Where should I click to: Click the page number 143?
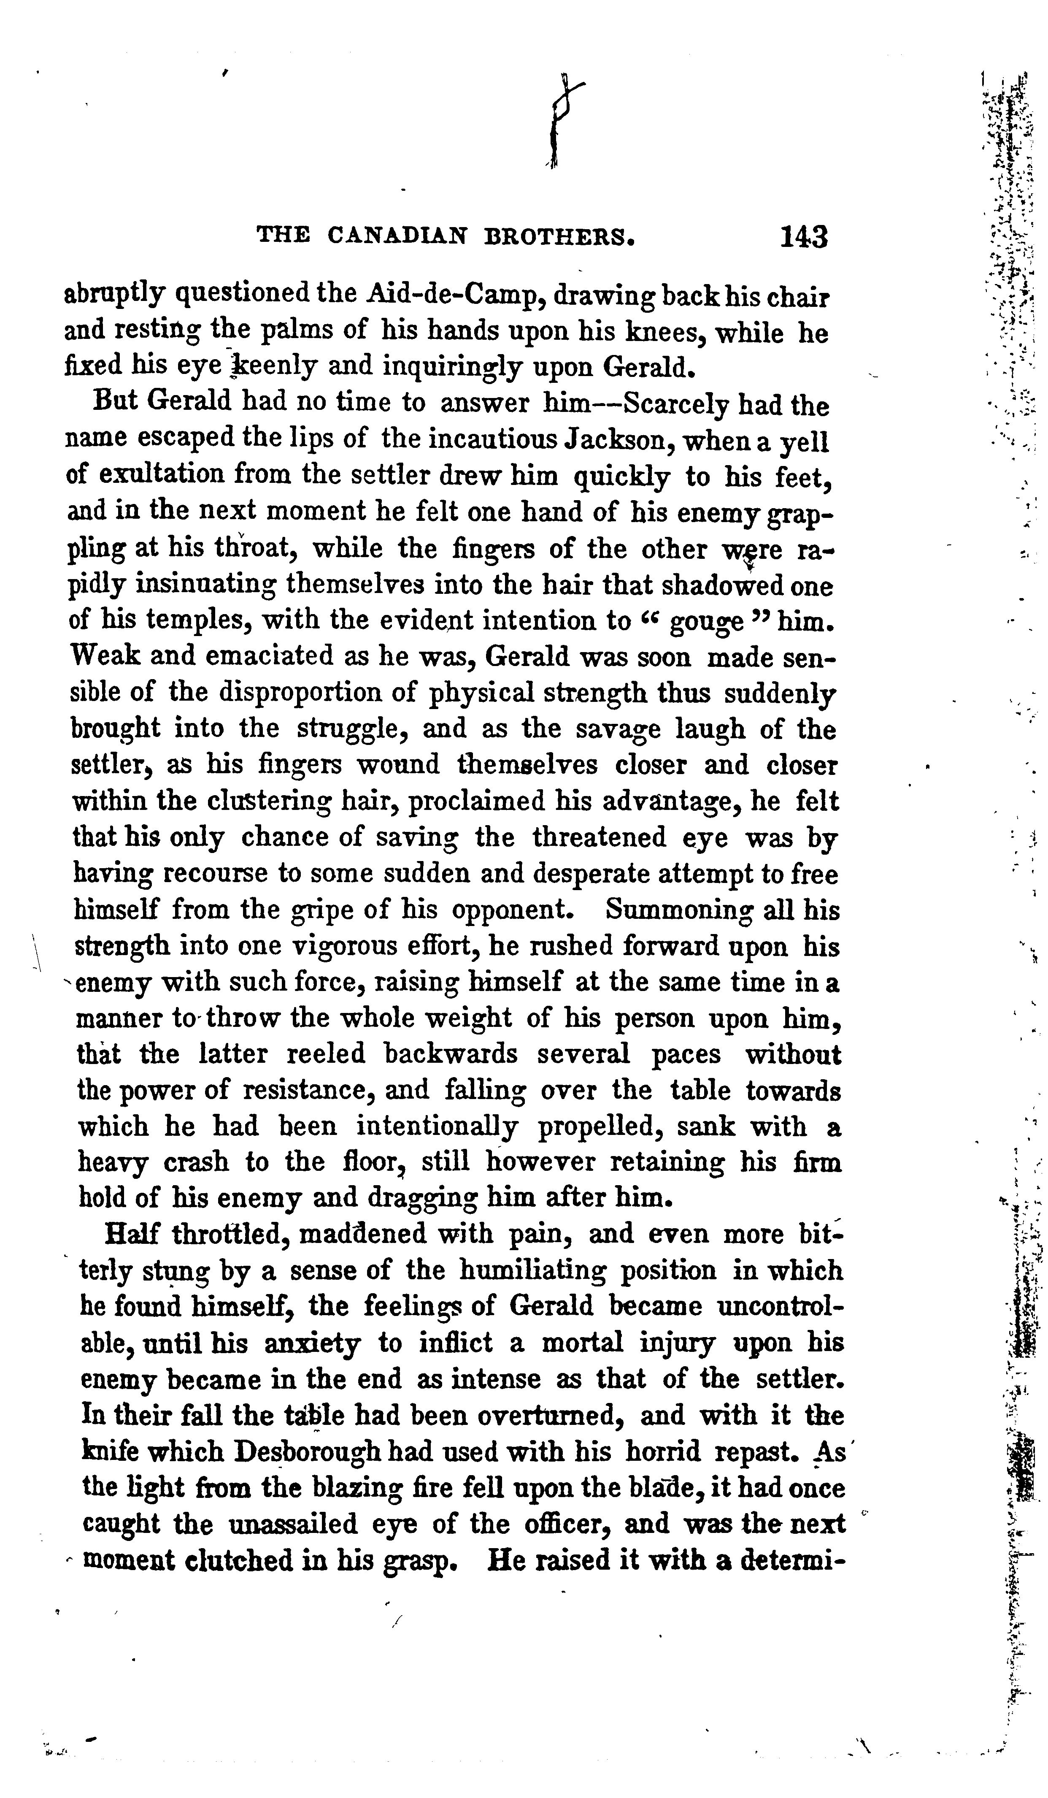803,237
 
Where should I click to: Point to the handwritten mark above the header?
564,121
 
